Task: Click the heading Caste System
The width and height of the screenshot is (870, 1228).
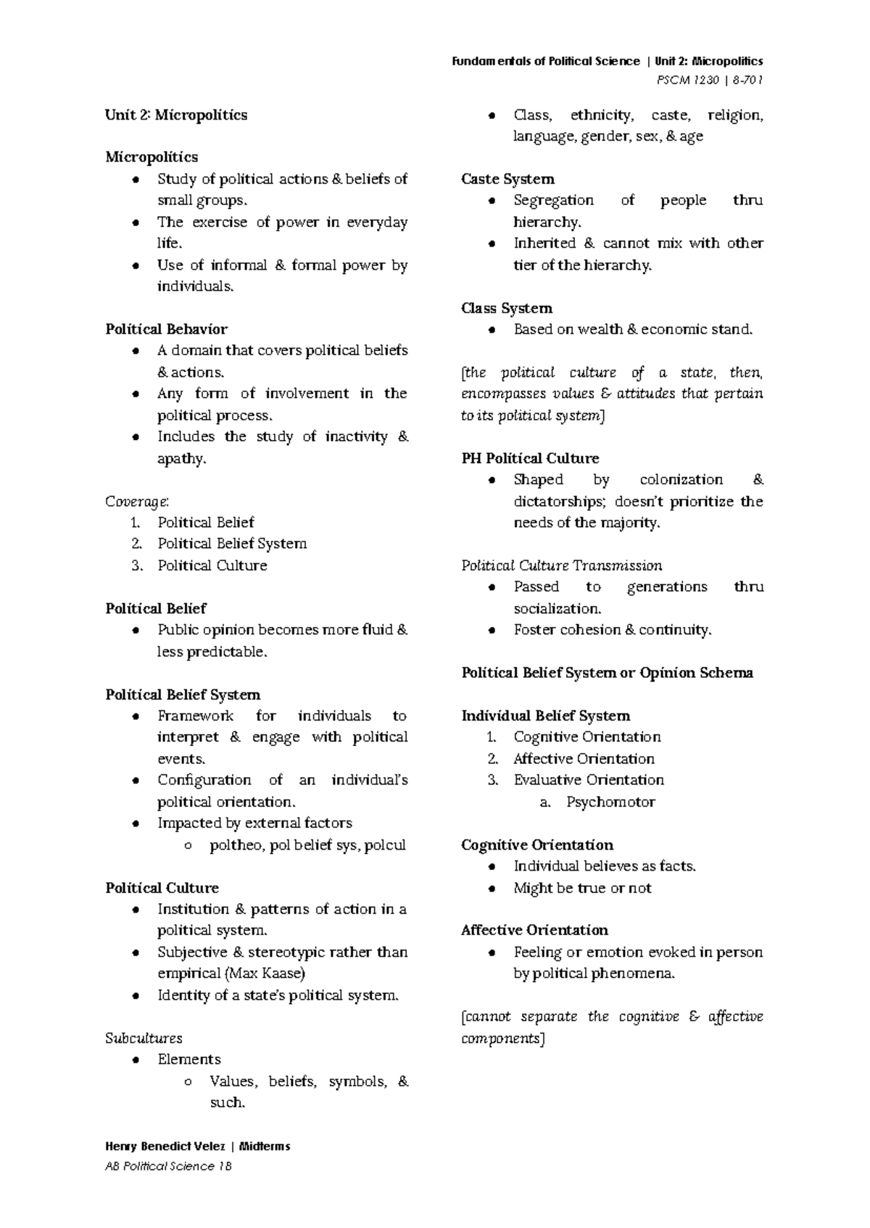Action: pos(507,179)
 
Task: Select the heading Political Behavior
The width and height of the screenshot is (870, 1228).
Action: pos(166,329)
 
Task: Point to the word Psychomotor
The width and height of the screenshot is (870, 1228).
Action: pos(610,802)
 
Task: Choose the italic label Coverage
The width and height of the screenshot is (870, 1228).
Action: pos(137,501)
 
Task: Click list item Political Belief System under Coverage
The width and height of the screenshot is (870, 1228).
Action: pos(232,544)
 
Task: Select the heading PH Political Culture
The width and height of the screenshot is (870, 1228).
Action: pos(530,458)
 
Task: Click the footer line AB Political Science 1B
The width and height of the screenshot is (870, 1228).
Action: pos(168,1166)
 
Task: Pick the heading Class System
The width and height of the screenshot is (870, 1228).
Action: pos(506,308)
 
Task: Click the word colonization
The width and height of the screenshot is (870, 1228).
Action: pos(681,480)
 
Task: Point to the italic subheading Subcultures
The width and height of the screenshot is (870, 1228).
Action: pos(144,1038)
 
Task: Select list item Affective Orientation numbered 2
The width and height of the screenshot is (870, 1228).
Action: pos(584,759)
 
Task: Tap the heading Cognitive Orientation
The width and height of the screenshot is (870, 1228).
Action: pos(536,845)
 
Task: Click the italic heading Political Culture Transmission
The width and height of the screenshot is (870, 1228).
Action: pos(561,565)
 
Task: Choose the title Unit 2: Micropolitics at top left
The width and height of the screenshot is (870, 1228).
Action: pos(176,115)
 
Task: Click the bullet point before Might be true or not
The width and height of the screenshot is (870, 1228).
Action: pos(492,889)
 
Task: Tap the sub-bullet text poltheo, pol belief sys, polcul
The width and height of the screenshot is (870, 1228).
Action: pos(307,845)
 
